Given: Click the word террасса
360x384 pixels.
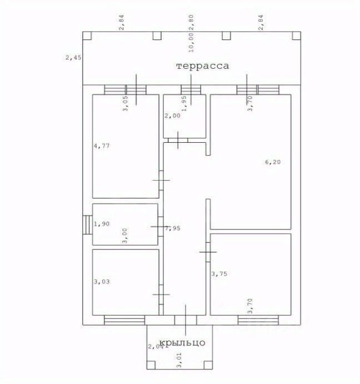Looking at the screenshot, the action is (x=202, y=66).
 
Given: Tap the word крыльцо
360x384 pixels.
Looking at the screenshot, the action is (x=182, y=342).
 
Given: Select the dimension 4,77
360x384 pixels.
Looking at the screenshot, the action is (x=102, y=147).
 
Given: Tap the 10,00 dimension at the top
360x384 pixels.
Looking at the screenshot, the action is (x=191, y=41).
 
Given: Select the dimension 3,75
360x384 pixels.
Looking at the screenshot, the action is (x=220, y=273).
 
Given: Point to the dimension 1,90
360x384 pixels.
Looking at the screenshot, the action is (x=102, y=225).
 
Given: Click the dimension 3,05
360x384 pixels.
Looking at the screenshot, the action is (x=125, y=104).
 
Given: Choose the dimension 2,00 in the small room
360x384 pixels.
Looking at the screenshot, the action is (x=172, y=116).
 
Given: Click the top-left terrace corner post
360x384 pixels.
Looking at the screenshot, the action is (x=87, y=36).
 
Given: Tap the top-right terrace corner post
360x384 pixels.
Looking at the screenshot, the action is (x=296, y=36).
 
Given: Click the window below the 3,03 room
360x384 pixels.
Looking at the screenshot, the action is (x=123, y=320).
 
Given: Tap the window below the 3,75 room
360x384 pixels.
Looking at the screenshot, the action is (x=258, y=320).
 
